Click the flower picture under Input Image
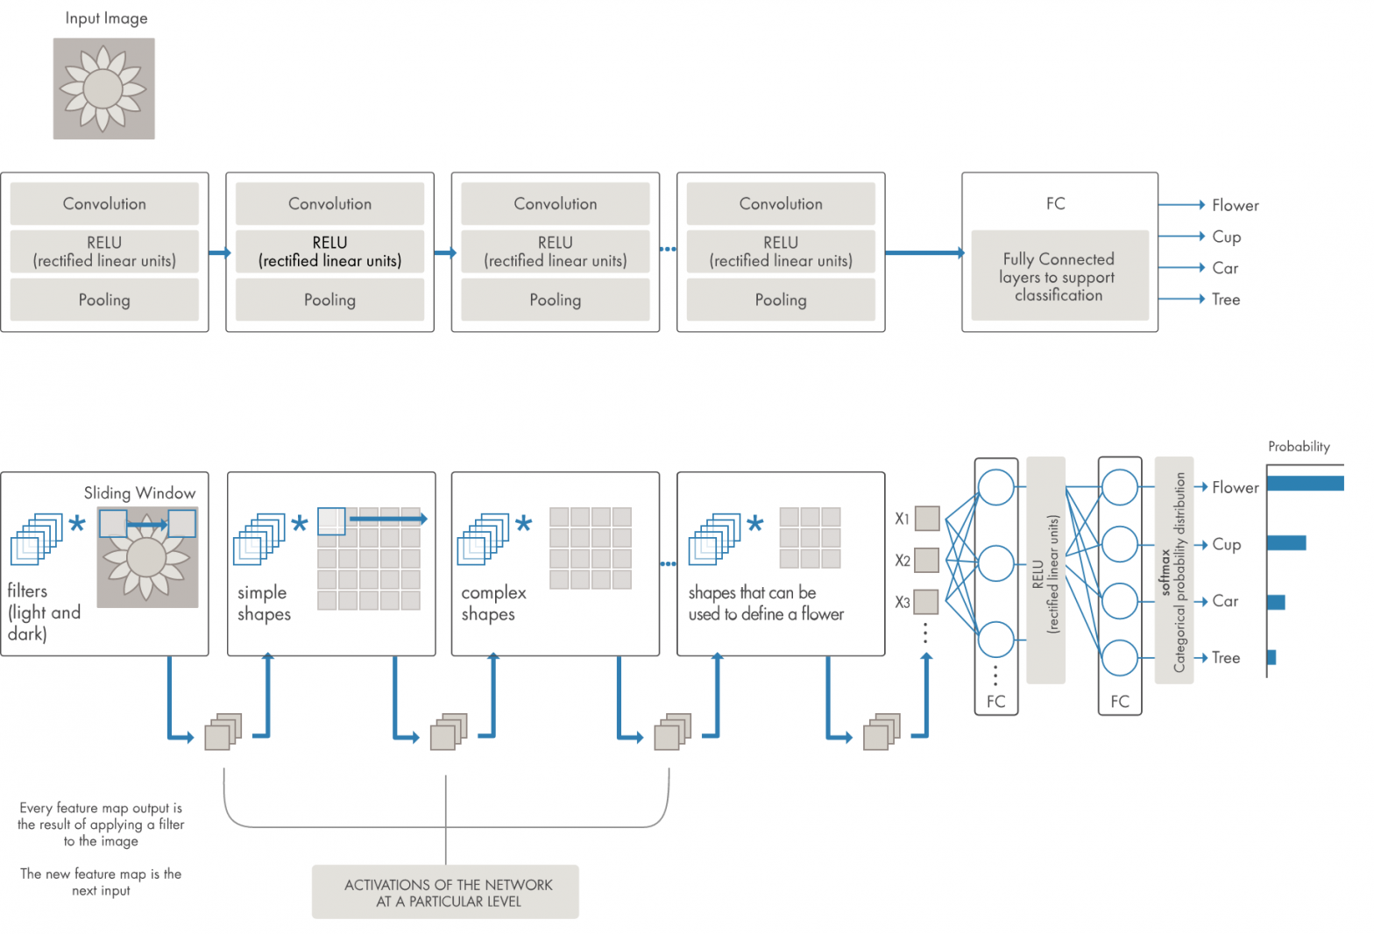[x=103, y=88]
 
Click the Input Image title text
[x=106, y=18]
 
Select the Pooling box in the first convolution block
[x=104, y=300]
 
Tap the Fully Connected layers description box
[x=1059, y=276]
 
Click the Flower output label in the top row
[x=1235, y=205]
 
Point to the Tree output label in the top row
[x=1225, y=300]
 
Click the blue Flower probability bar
[x=1304, y=484]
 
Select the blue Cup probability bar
[x=1285, y=543]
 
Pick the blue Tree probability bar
[x=1271, y=657]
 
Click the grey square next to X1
[x=927, y=519]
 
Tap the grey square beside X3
[x=926, y=602]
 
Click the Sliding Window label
[x=139, y=493]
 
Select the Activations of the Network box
[x=445, y=892]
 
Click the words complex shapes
[x=493, y=603]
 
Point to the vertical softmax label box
[x=1173, y=570]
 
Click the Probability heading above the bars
[x=1298, y=447]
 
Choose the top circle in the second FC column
[x=1119, y=488]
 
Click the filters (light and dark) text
[x=44, y=612]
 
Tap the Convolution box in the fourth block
[x=780, y=204]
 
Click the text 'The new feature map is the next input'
[x=101, y=881]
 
